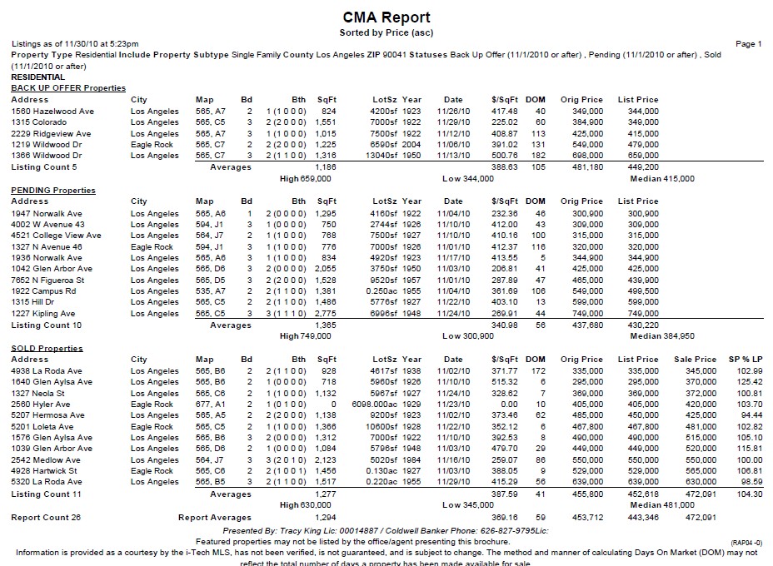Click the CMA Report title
click(x=386, y=17)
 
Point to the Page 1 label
click(x=749, y=44)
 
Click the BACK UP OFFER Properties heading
click(x=68, y=88)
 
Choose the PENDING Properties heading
click(x=53, y=190)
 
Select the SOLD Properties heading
click(x=47, y=348)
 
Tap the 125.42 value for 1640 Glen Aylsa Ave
click(x=751, y=382)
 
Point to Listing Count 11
click(x=46, y=494)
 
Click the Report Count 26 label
click(x=44, y=518)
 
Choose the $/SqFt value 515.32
click(x=505, y=382)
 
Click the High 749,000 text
click(x=306, y=336)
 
